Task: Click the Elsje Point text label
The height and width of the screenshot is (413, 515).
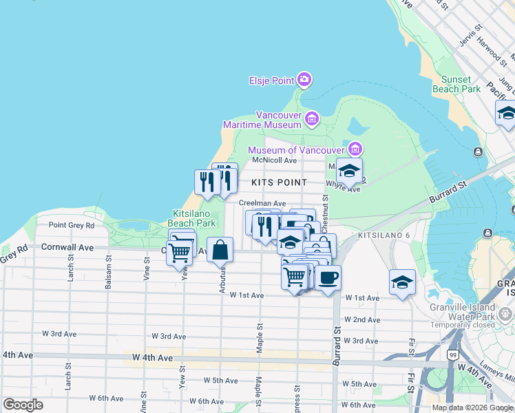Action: click(271, 81)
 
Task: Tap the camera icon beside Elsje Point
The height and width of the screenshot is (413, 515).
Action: click(304, 81)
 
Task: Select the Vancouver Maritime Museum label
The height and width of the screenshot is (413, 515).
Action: click(262, 120)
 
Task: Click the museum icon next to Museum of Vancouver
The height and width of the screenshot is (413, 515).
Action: click(355, 149)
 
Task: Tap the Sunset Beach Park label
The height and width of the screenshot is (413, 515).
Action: click(456, 84)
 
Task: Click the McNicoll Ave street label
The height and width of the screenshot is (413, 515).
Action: click(274, 160)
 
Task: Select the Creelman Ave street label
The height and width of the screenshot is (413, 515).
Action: click(262, 204)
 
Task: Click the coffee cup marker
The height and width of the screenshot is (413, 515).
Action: click(328, 277)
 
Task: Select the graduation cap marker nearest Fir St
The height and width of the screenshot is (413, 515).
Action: click(402, 282)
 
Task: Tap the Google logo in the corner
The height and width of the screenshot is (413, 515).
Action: click(23, 405)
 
